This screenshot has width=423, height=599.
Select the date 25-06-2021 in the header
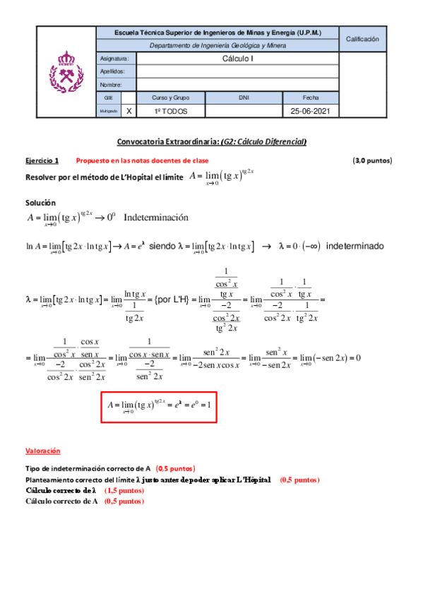click(x=310, y=112)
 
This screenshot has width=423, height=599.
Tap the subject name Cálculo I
click(x=237, y=59)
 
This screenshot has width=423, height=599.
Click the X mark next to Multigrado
click(x=129, y=112)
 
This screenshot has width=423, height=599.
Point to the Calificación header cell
click(x=362, y=39)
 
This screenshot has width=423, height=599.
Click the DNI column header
click(x=244, y=98)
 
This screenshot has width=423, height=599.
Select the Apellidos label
click(x=112, y=71)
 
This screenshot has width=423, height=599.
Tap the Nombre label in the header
click(x=111, y=85)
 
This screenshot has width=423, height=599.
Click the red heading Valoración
click(x=43, y=450)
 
